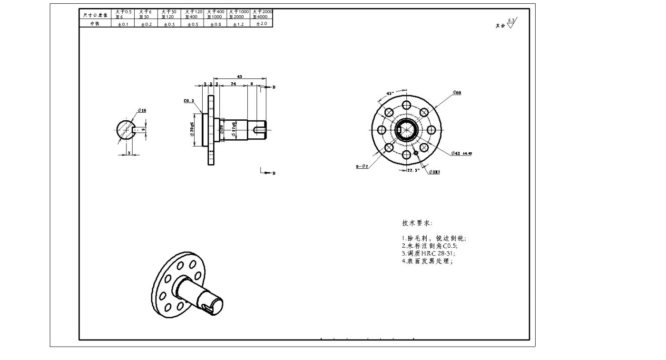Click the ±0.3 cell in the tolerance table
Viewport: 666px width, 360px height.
[169, 24]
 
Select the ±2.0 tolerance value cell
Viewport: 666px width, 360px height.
[262, 23]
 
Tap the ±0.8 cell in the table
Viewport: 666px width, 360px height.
[215, 24]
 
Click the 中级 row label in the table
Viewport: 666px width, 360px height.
[95, 24]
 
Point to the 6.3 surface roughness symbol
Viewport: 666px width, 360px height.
[511, 23]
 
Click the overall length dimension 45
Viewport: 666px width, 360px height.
[239, 76]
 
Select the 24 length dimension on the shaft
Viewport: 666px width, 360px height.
[233, 84]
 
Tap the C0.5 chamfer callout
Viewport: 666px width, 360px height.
[189, 101]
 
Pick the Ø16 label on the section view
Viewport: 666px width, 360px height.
[142, 110]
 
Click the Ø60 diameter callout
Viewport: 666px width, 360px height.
[457, 92]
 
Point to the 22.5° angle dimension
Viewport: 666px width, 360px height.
[412, 170]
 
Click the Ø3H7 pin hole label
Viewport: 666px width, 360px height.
[434, 172]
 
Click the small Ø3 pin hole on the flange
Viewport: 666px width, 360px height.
[416, 153]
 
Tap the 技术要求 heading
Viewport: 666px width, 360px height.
[417, 223]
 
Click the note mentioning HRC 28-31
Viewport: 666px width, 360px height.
[428, 253]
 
